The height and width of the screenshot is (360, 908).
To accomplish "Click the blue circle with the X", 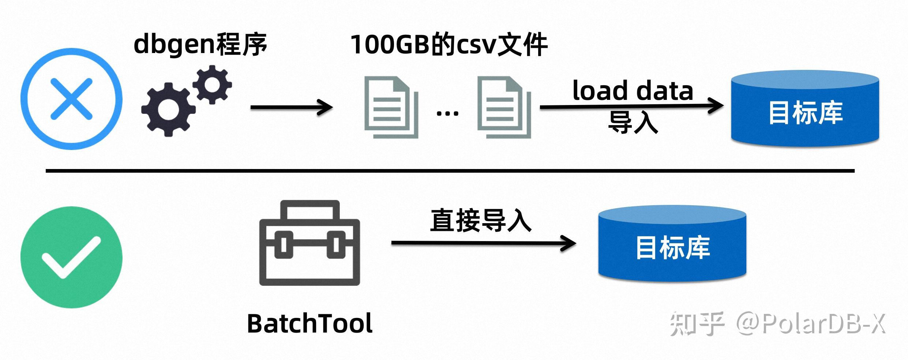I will click(x=71, y=99).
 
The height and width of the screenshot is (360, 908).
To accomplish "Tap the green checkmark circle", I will click(x=71, y=257).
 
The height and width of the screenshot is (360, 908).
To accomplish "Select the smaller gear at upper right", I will click(x=212, y=85).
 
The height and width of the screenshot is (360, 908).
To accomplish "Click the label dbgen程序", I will click(x=200, y=45).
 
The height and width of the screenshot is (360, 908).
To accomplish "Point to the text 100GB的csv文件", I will click(x=449, y=45).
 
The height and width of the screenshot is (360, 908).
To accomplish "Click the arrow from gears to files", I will click(x=291, y=107).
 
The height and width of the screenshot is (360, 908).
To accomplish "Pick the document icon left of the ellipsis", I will click(x=391, y=107).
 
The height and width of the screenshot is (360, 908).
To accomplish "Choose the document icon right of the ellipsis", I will click(x=504, y=107).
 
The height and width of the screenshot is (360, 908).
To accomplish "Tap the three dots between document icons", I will click(x=447, y=113).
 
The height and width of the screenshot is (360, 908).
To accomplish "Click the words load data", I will click(x=633, y=91).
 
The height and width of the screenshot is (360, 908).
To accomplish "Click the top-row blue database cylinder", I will click(x=805, y=110).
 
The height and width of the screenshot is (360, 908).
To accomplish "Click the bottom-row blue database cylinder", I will click(x=672, y=245).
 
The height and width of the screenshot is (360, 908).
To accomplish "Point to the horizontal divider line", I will click(x=450, y=171).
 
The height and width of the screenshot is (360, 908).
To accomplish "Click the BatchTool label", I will click(x=309, y=324).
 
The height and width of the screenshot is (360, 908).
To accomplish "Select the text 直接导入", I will click(x=480, y=221).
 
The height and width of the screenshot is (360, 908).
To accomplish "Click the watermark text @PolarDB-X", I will click(x=810, y=324).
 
